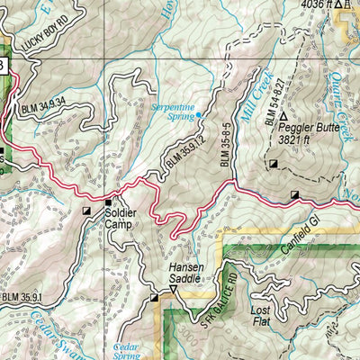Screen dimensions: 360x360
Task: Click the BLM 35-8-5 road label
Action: [226, 141]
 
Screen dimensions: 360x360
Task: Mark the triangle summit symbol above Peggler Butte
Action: [283, 117]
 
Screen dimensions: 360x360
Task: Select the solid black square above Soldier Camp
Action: [109, 202]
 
